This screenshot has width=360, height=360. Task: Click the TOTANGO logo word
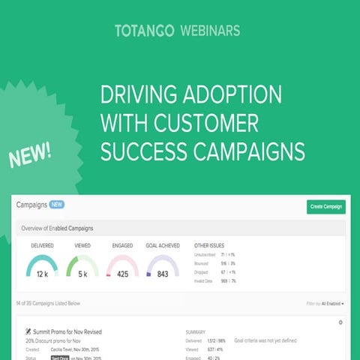[144, 31]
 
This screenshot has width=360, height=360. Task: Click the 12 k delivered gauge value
[42, 274]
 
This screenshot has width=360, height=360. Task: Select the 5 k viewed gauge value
[82, 274]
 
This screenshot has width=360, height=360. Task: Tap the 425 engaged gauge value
[121, 274]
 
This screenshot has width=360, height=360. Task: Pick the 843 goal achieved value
[161, 274]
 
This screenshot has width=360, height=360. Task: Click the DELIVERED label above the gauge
[42, 245]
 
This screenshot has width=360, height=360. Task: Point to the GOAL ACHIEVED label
[162, 245]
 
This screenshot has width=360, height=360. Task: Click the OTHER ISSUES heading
[209, 245]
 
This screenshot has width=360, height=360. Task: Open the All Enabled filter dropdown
[331, 304]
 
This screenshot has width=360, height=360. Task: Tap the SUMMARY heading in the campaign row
[196, 331]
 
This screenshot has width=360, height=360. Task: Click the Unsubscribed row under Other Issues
[205, 255]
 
